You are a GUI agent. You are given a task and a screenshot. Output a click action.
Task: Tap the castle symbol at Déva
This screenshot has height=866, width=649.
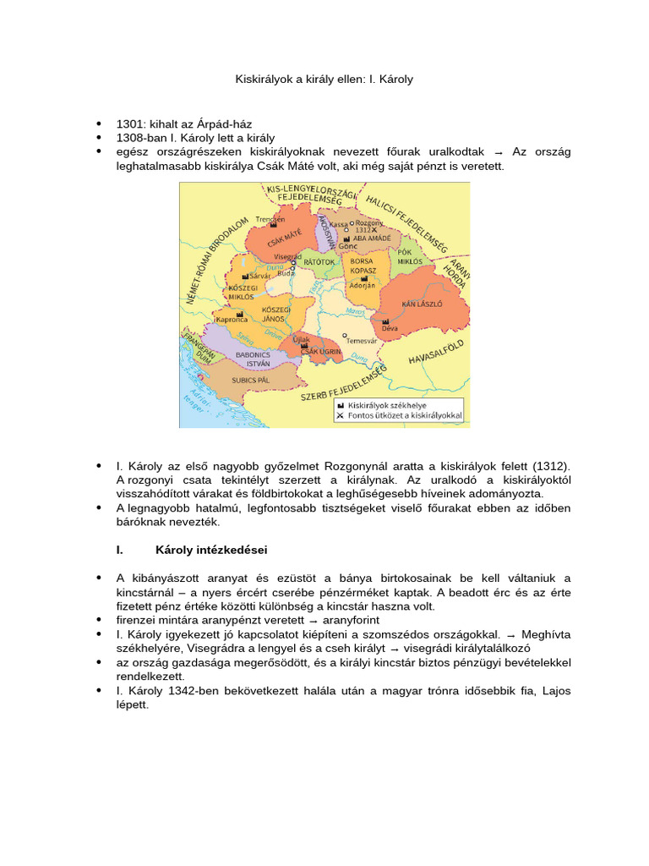pyautogui.click(x=386, y=321)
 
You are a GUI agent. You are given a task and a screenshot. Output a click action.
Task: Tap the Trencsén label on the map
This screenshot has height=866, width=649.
pyautogui.click(x=270, y=218)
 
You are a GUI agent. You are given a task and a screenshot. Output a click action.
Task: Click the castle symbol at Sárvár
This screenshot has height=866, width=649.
pyautogui.click(x=245, y=276)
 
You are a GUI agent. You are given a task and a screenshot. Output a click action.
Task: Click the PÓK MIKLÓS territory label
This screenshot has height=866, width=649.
pyautogui.click(x=410, y=257)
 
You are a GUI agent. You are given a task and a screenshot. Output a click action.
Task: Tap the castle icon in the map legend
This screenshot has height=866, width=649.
pyautogui.click(x=340, y=406)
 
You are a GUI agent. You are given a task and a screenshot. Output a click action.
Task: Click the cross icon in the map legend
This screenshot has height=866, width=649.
pyautogui.click(x=340, y=416)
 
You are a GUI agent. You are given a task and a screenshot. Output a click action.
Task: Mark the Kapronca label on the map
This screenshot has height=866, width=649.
pyautogui.click(x=232, y=320)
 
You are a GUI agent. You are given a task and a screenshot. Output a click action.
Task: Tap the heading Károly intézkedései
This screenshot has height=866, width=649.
pyautogui.click(x=211, y=550)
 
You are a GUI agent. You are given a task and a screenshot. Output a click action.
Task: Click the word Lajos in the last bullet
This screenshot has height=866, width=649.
pyautogui.click(x=555, y=691)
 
